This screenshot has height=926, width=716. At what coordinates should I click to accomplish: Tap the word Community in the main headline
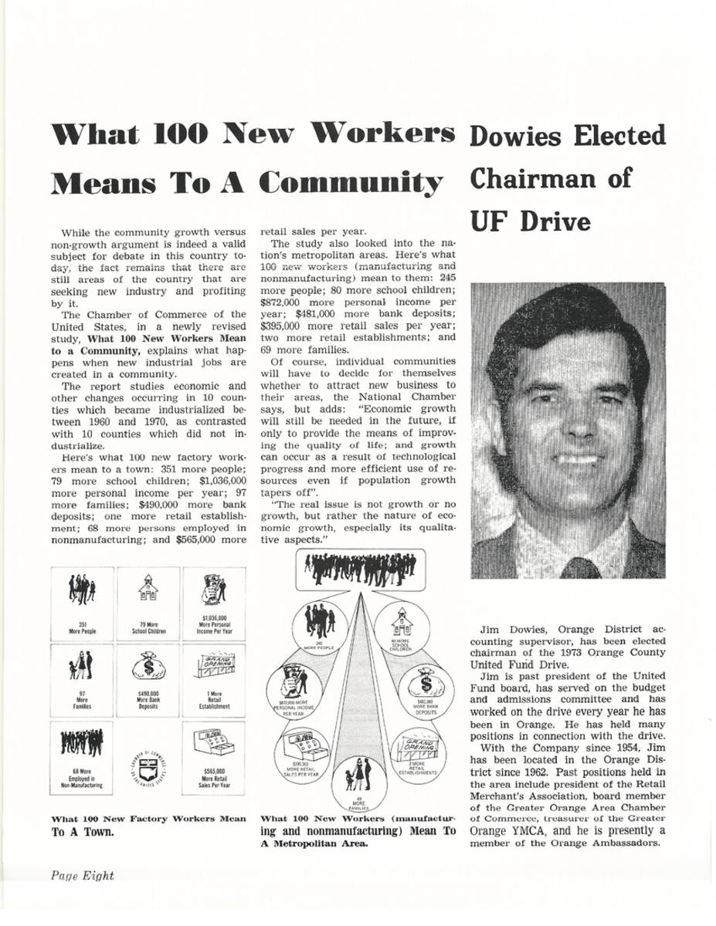click(x=351, y=182)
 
